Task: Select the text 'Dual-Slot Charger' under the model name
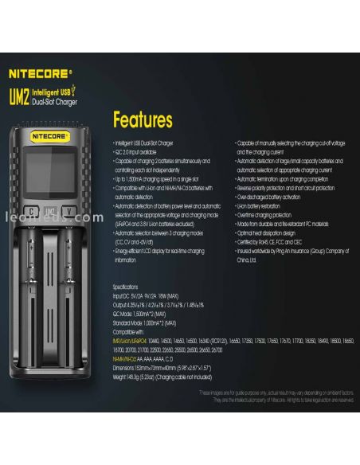point(56,102)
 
